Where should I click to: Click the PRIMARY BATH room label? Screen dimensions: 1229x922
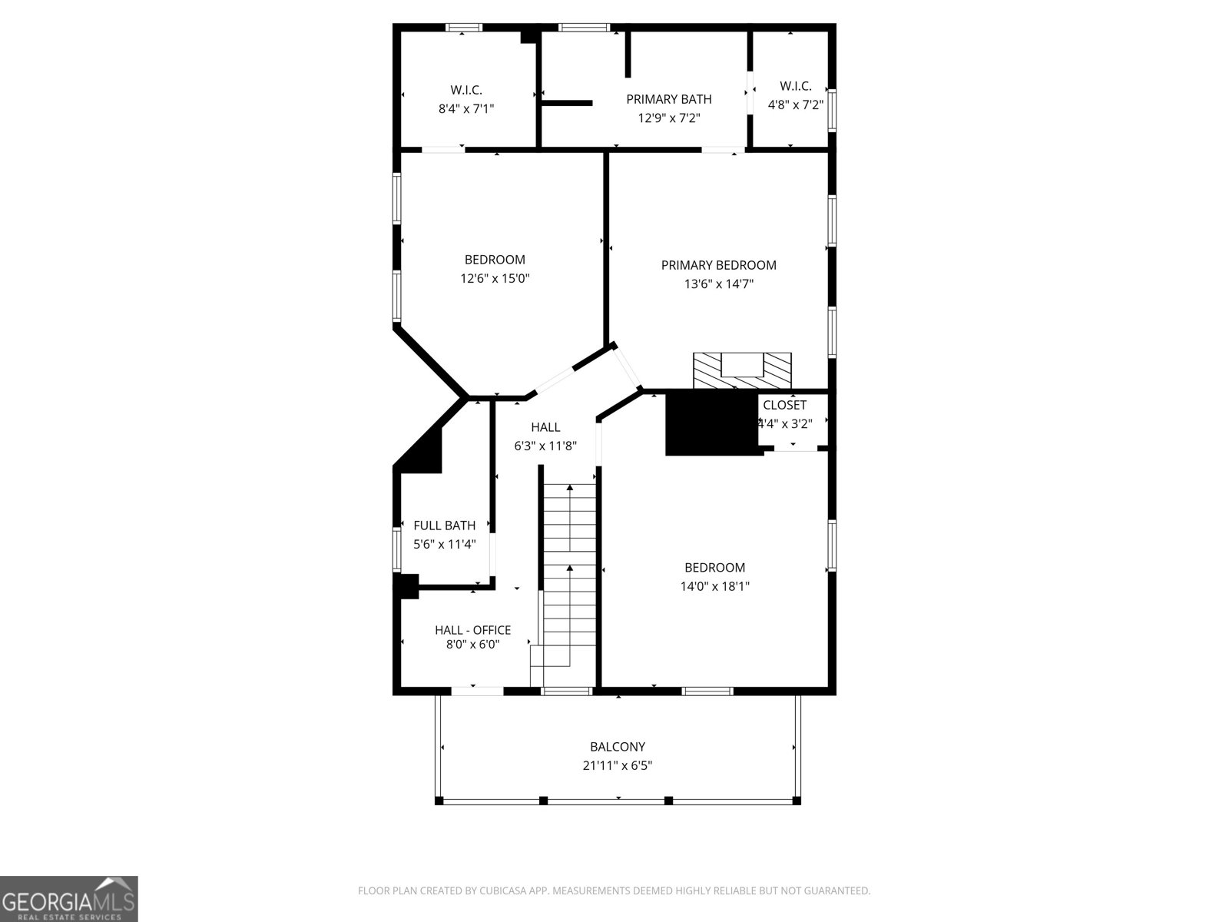668,99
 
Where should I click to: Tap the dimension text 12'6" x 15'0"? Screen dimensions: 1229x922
495,278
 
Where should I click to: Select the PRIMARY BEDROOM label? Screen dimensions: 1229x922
718,265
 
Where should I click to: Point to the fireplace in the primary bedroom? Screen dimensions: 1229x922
742,370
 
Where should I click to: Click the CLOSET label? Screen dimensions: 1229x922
784,405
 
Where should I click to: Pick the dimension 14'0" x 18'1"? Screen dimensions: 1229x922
714,586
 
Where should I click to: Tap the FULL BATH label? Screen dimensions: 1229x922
445,525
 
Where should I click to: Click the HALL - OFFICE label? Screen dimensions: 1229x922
472,630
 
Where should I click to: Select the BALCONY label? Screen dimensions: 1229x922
618,746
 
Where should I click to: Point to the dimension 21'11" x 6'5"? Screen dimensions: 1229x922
618,765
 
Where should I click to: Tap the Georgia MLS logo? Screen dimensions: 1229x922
69,898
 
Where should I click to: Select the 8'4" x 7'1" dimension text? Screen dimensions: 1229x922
466,108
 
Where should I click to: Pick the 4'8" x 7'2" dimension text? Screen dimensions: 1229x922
795,104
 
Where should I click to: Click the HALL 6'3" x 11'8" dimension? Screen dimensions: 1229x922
545,446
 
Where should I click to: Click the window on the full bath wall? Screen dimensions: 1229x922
396,549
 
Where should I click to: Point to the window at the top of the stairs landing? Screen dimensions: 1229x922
567,691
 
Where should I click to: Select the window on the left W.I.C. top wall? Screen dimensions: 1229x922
464,27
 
